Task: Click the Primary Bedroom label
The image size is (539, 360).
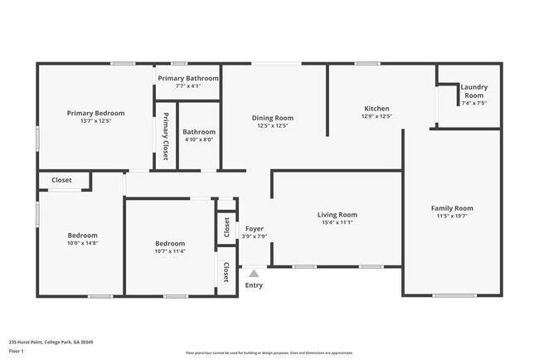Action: tap(96, 113)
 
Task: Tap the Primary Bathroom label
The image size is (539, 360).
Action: tap(188, 78)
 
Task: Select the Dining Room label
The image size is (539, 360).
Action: tap(273, 118)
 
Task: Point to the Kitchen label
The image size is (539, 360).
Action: tap(376, 109)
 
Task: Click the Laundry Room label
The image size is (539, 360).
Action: tap(473, 91)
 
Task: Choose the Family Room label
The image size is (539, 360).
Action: tap(452, 208)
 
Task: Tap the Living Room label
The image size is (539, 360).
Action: tap(337, 215)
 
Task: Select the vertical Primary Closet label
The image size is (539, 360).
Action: tap(166, 136)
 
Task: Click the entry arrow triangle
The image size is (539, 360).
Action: tap(254, 272)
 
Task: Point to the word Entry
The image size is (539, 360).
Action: tap(254, 286)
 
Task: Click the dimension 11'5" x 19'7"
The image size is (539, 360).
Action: tap(452, 216)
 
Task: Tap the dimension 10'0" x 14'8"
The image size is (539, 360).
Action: tap(83, 243)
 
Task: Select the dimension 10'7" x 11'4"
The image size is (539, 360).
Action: tap(170, 251)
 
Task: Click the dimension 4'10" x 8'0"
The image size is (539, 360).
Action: tap(199, 139)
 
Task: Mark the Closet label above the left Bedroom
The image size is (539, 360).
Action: tap(61, 180)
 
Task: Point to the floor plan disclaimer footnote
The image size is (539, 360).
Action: tap(269, 353)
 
